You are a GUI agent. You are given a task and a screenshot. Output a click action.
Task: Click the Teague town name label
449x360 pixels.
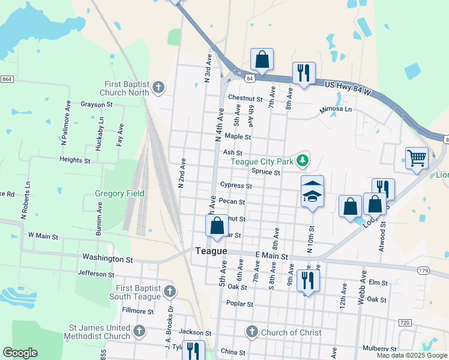pos(210,251)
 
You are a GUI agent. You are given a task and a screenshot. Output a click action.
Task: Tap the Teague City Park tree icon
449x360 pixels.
pos(304,160)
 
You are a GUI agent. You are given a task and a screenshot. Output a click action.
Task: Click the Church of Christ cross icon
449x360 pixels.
pos(252,332)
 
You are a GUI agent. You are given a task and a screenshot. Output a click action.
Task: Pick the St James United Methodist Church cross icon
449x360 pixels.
pos(139,332)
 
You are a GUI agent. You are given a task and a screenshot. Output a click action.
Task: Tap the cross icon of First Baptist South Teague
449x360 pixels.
pos(170,292)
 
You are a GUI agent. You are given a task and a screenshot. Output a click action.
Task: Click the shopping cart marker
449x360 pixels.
pos(417,158)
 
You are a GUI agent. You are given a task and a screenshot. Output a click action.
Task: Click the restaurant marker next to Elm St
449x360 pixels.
pos(308,280)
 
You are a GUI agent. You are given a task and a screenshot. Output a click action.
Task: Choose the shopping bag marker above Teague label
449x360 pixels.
pos(217,226)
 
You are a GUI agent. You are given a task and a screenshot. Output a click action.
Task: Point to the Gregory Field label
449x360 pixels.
pos(119,194)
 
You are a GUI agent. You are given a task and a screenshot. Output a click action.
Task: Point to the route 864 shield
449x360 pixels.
pos(7,79)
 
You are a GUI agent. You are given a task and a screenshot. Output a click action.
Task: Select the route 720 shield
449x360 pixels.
pos(404,323)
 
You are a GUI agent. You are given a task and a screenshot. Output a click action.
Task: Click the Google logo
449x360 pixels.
pos(20,353)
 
